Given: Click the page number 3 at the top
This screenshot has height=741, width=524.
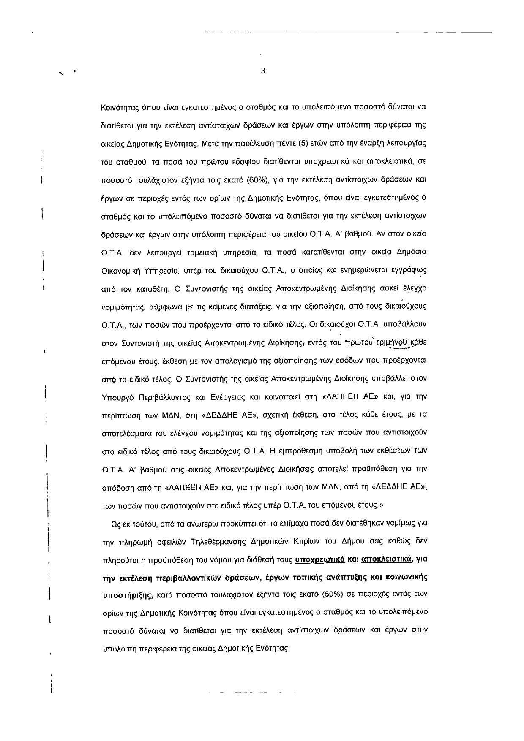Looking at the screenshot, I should (263, 71).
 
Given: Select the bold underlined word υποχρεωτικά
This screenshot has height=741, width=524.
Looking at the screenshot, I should (320, 559).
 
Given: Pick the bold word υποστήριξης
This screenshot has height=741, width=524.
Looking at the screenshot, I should (128, 596).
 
